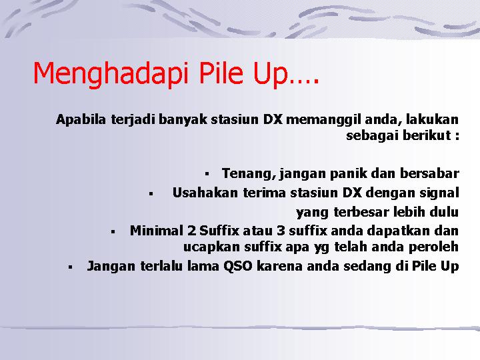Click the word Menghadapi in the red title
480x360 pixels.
pyautogui.click(x=110, y=73)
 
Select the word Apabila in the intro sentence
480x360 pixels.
pyautogui.click(x=81, y=119)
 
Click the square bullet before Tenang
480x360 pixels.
pyautogui.click(x=207, y=174)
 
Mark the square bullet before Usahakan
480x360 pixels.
pyautogui.click(x=151, y=193)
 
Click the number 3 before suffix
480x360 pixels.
pyautogui.click(x=281, y=231)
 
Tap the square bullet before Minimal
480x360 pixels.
pyautogui.click(x=113, y=232)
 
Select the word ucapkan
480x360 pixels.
pyautogui.click(x=211, y=247)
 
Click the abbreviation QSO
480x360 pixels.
pyautogui.click(x=238, y=266)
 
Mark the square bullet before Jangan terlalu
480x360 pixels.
pyautogui.click(x=71, y=267)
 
